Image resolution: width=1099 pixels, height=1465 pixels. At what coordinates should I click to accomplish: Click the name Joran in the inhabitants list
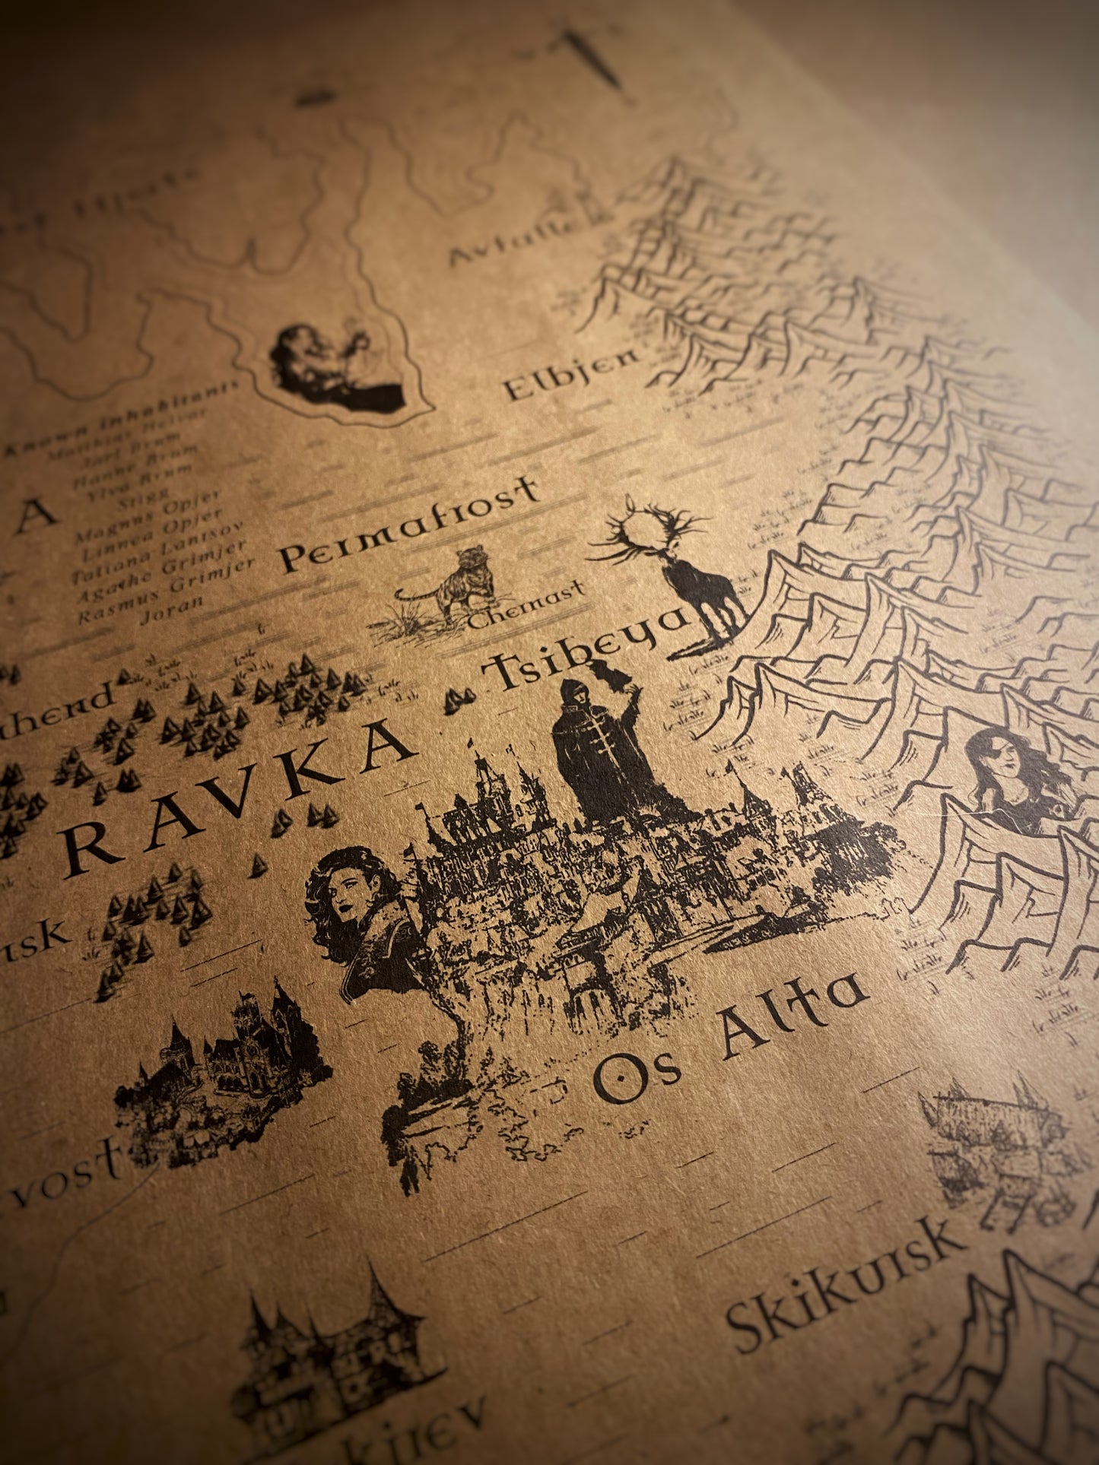[x=172, y=607]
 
